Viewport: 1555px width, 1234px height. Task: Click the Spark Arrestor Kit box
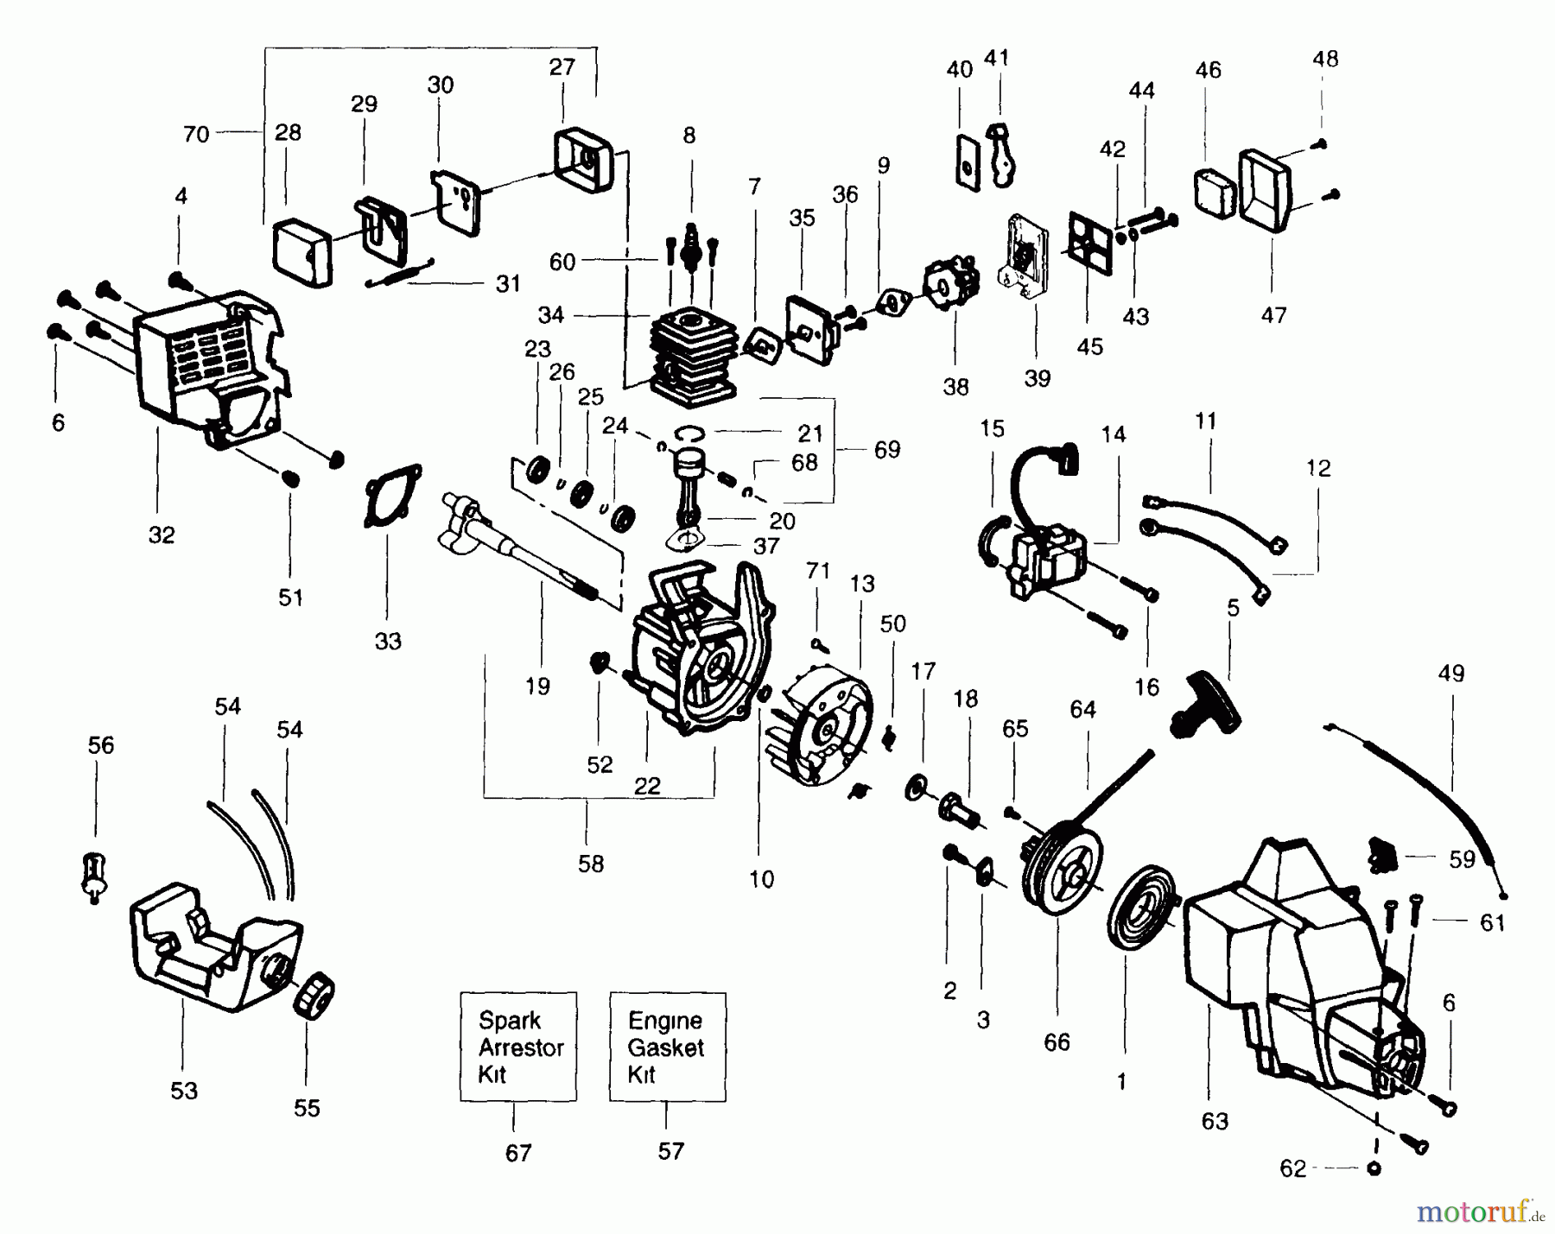(x=518, y=1047)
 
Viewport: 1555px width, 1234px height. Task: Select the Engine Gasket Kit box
(x=667, y=1047)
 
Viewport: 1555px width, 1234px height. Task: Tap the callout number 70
(x=196, y=134)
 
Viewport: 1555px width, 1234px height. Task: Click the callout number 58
(x=591, y=864)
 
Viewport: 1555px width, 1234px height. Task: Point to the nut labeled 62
(x=1374, y=1168)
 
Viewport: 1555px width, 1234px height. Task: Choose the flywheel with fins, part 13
(x=819, y=725)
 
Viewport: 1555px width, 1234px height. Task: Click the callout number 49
(x=1451, y=674)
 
